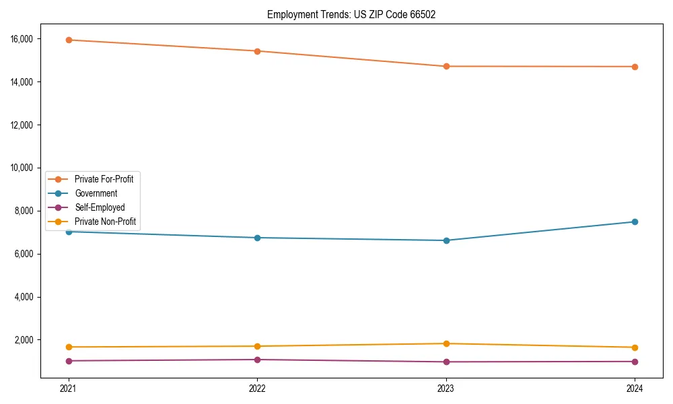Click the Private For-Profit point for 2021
[x=68, y=40]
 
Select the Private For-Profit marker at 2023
[x=446, y=66]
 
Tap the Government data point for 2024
[x=635, y=222]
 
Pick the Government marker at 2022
[x=257, y=238]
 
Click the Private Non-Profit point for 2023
[x=446, y=343]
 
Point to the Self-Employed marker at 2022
[x=257, y=360]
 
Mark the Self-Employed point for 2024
[x=635, y=362]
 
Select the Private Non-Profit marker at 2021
[x=68, y=347]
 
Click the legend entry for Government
[x=96, y=193]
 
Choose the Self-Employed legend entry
[x=100, y=207]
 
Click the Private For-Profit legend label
[x=104, y=179]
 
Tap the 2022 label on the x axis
[x=257, y=389]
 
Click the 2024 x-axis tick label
[x=635, y=389]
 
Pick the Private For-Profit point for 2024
[x=635, y=67]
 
